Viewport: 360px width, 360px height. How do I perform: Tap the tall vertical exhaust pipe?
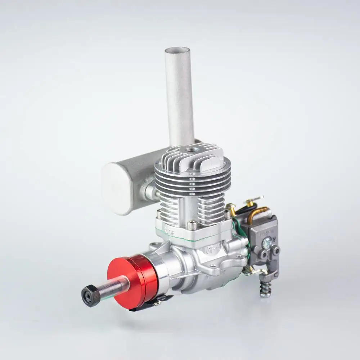pos(179,97)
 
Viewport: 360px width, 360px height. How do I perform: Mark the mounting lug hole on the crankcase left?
pos(154,247)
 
